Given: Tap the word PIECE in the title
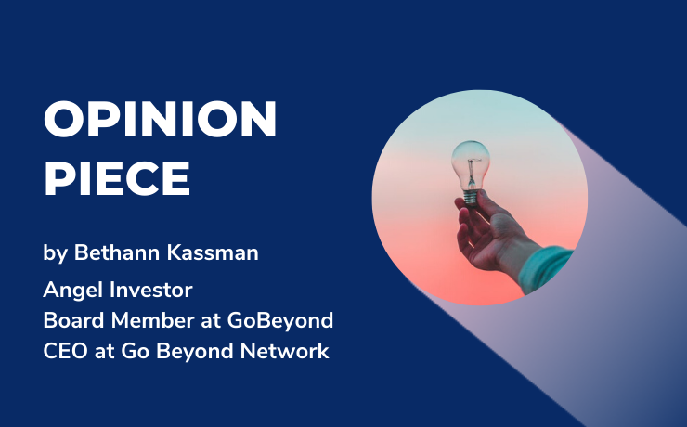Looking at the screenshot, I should pos(117,177).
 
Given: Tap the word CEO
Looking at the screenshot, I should pos(64,353).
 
